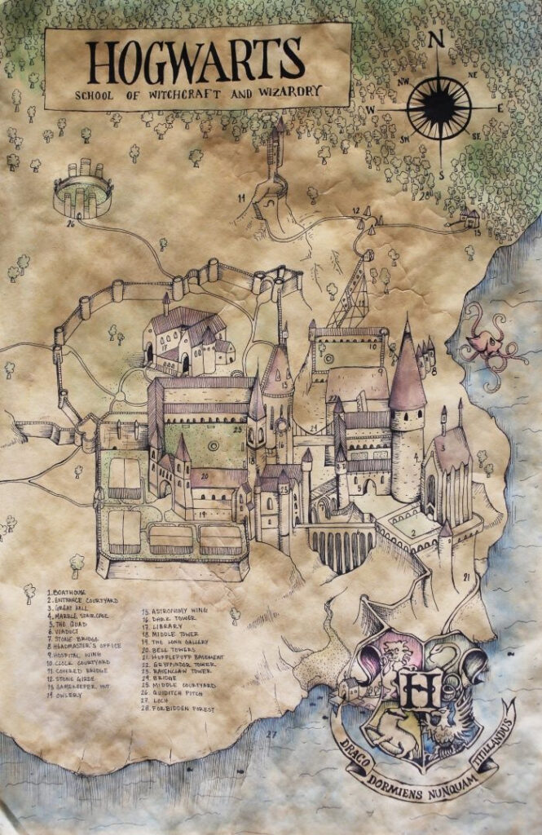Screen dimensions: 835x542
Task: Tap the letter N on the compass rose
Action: (x=436, y=38)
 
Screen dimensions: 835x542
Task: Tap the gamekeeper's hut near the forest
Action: (x=469, y=217)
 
